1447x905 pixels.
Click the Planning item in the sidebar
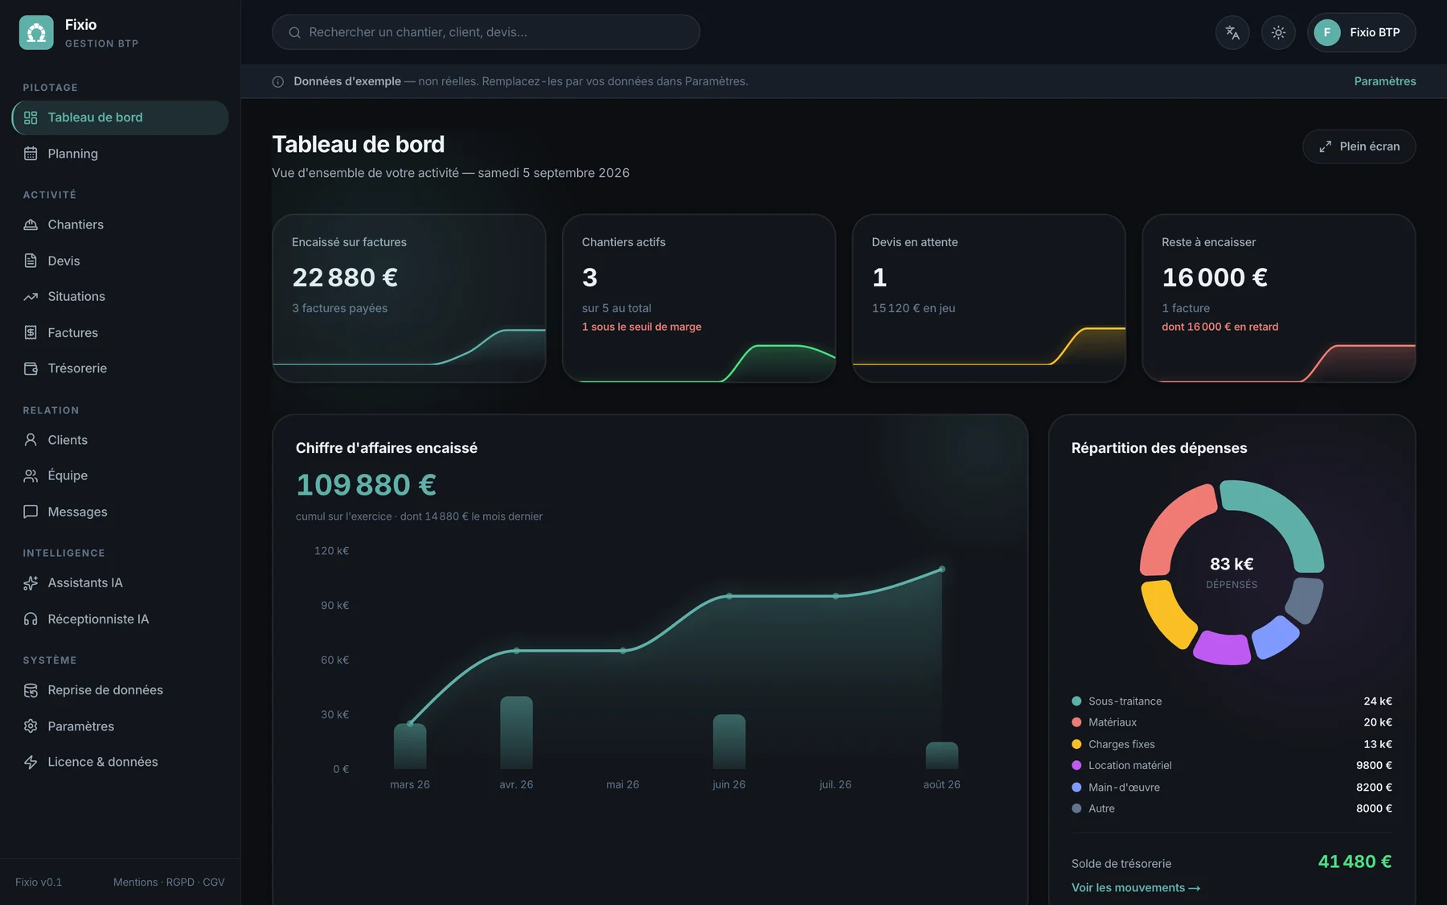pos(72,154)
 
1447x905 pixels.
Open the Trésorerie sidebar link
pos(77,368)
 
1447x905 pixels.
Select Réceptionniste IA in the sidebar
pos(98,619)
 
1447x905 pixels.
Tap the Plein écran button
pos(1359,146)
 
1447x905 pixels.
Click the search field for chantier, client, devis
pos(486,32)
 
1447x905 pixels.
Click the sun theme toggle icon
pos(1278,32)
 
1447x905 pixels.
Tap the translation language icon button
pos(1232,32)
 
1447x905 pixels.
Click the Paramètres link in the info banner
pos(1385,81)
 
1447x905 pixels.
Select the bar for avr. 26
pos(516,732)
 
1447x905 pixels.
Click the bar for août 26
pos(942,755)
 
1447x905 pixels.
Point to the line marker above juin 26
pos(729,596)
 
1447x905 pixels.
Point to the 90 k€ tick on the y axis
pos(334,606)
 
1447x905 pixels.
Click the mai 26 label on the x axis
pos(623,784)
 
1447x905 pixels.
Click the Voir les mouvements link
pos(1135,888)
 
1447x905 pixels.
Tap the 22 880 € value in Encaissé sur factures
pos(345,278)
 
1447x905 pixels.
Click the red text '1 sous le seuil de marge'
pos(642,327)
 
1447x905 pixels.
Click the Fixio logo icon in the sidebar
pos(36,32)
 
